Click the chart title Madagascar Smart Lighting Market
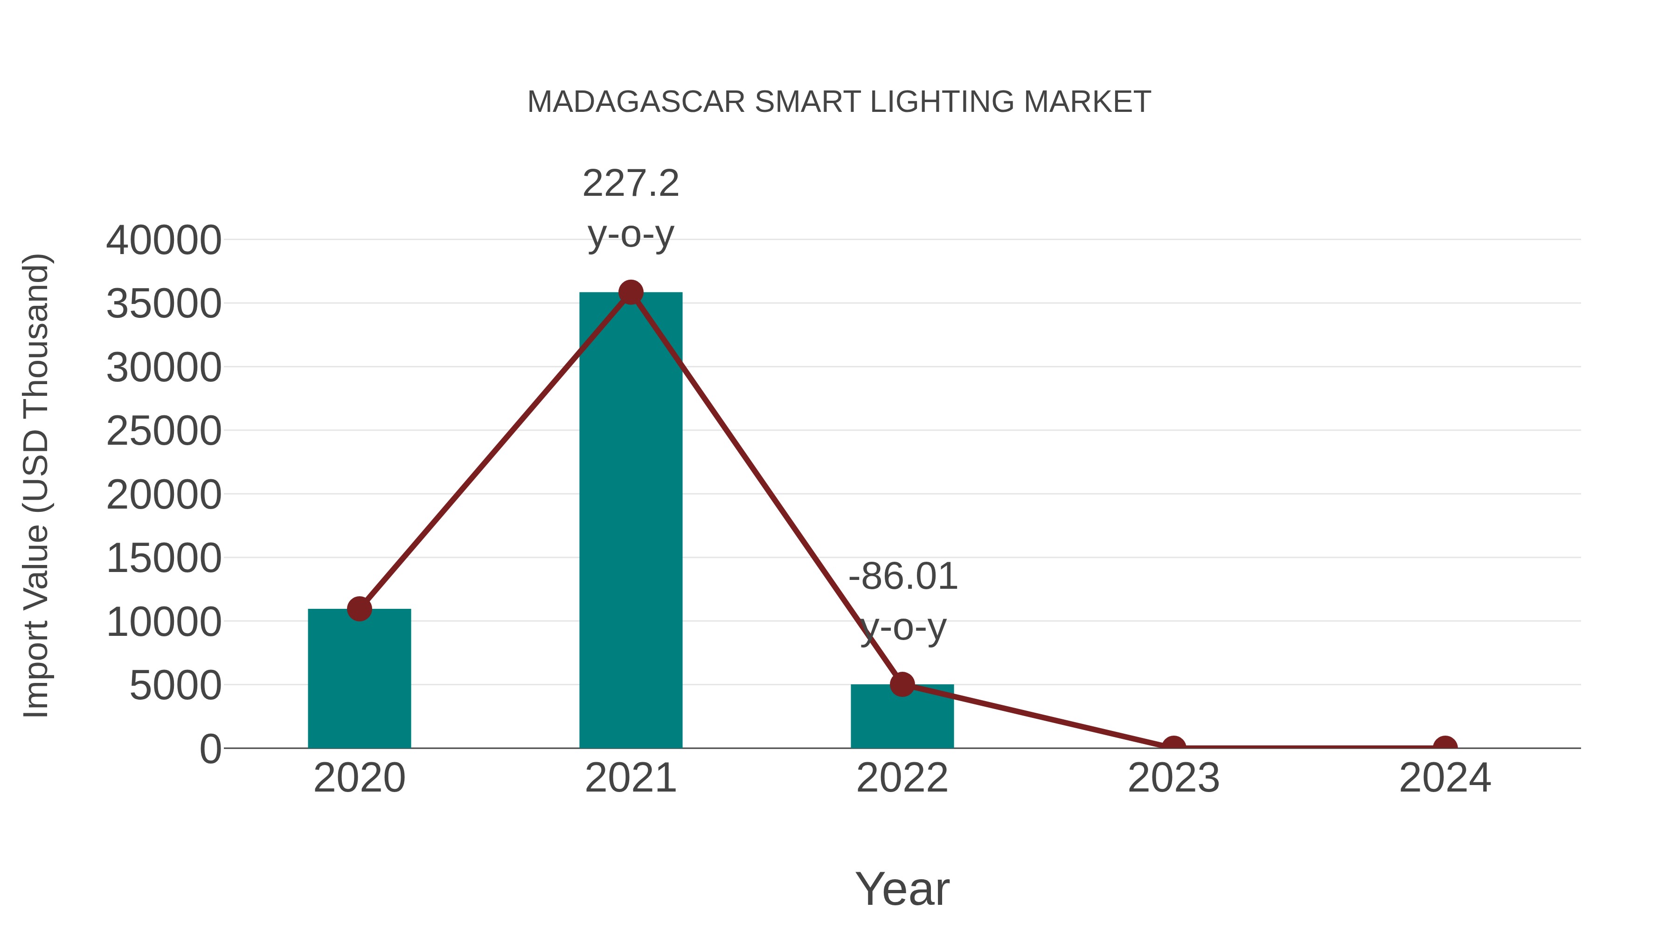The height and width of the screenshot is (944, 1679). pyautogui.click(x=839, y=102)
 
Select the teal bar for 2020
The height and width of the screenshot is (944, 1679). pyautogui.click(x=359, y=681)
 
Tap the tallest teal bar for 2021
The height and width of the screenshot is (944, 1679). pyautogui.click(x=630, y=521)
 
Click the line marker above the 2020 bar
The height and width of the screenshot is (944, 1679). pyautogui.click(x=359, y=609)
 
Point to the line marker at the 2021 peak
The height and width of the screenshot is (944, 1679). pyautogui.click(x=630, y=292)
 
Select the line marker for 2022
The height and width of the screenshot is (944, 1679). pyautogui.click(x=902, y=684)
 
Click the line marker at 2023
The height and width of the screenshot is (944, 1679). pyautogui.click(x=1173, y=745)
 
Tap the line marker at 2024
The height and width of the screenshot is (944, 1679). pyautogui.click(x=1445, y=745)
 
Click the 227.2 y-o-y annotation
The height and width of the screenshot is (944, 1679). pyautogui.click(x=630, y=208)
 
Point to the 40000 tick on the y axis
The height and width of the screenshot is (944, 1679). pyautogui.click(x=164, y=241)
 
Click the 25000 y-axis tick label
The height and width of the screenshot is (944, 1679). pyautogui.click(x=164, y=431)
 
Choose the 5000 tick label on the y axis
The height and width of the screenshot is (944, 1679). pyautogui.click(x=175, y=686)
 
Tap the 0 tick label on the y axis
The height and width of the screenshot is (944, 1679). pyautogui.click(x=210, y=749)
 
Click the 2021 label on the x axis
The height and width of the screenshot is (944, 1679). pyautogui.click(x=630, y=779)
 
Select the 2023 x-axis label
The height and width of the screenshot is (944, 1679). pyautogui.click(x=1173, y=779)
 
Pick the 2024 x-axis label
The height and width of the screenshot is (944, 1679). pyautogui.click(x=1445, y=779)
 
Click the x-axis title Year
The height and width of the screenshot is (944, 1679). pyautogui.click(x=902, y=889)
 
